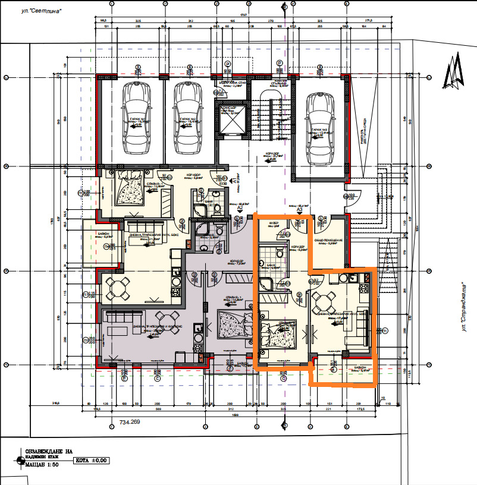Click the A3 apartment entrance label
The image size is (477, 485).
300,210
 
